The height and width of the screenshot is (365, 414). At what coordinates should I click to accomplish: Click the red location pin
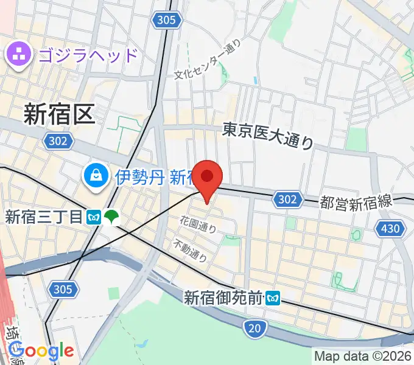coord(208,178)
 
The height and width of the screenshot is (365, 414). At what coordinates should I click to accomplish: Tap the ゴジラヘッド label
coord(89,55)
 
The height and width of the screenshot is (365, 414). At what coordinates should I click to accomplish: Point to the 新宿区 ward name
coord(59,114)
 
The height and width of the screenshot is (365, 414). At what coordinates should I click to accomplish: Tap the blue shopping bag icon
coord(97,177)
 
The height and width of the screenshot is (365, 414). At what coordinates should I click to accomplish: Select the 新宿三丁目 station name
coord(43,216)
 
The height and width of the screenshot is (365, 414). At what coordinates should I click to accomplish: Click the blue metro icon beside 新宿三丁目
coord(94,216)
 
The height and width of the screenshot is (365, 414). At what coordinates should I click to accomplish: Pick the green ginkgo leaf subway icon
coord(111,216)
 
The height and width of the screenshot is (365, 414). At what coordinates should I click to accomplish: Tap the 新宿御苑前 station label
coord(223,297)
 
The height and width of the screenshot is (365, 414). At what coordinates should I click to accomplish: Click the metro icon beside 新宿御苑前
coord(273,297)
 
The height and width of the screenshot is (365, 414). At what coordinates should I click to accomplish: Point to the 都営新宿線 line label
coord(356,203)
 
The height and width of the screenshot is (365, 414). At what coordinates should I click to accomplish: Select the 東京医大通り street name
coord(268,136)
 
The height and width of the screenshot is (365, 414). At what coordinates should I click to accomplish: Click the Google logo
coord(41,351)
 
